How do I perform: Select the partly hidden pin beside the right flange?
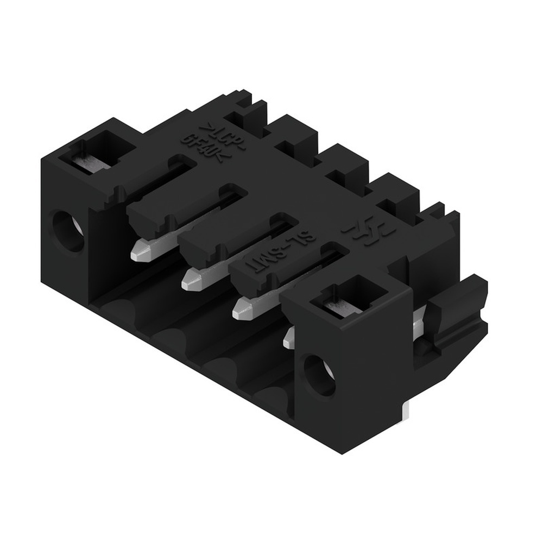click(288, 338)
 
